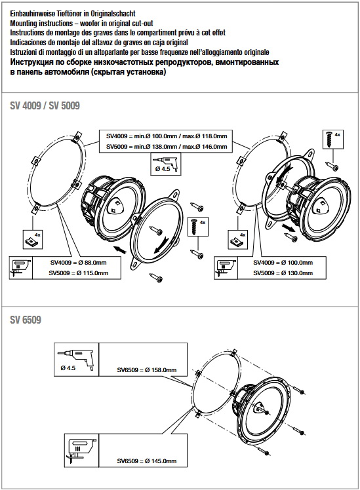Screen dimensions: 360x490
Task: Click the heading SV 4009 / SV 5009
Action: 45,105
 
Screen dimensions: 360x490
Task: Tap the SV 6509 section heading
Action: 26,320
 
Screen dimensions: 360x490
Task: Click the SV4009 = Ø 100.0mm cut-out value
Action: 283,263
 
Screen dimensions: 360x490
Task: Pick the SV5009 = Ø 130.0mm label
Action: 283,273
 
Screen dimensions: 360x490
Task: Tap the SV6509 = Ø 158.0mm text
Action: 147,370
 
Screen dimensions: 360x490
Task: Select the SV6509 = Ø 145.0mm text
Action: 147,461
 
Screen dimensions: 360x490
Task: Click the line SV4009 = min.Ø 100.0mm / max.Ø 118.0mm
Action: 167,136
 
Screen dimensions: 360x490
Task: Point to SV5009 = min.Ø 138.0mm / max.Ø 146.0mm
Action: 167,147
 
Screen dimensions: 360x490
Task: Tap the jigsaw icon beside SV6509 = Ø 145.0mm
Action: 81,451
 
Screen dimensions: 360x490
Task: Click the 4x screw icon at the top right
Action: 332,139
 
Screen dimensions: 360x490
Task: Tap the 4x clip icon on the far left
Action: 33,239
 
